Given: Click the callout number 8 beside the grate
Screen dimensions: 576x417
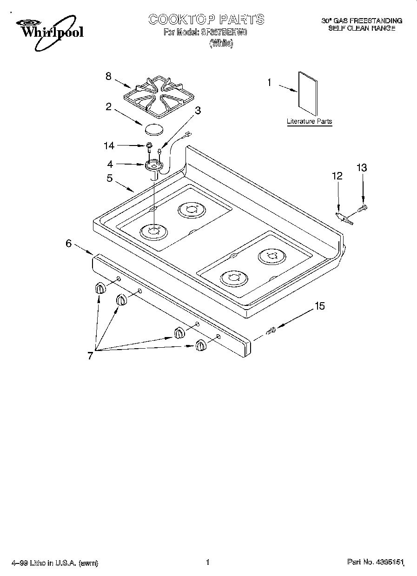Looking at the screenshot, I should pos(108,76).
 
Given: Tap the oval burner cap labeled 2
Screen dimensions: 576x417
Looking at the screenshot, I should pos(154,129).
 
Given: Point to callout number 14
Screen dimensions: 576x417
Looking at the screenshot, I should pos(109,146).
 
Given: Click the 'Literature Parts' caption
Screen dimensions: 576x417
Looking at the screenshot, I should pos(309,121).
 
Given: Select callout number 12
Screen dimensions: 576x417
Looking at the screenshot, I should pos(337,176).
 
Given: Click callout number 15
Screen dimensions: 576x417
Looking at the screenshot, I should pos(320,306).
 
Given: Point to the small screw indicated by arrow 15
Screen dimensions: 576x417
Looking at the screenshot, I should pos(272,331).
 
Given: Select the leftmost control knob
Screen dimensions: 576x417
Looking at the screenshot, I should pos(100,288).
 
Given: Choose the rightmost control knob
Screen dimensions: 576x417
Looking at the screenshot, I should pos(200,345).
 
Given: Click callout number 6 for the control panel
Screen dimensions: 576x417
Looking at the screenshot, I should pos(68,243).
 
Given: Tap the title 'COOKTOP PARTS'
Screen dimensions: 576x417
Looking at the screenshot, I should pos(206,20).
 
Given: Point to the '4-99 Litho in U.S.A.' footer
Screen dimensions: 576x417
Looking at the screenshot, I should pos(54,563).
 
